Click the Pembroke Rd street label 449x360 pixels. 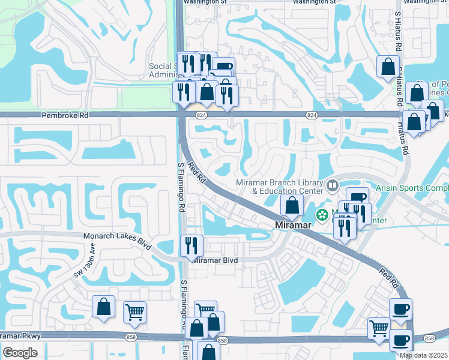point(65,115)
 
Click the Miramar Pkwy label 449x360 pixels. point(20,336)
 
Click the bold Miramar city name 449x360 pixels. point(293,225)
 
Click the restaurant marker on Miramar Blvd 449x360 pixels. point(192,245)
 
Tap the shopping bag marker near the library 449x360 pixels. point(292,206)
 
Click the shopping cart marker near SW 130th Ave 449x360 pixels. point(135,311)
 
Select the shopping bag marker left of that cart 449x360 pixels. point(103,307)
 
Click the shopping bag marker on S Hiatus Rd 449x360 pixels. point(388,66)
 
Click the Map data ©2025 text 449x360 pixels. point(424,355)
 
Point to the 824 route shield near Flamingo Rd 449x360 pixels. point(199,114)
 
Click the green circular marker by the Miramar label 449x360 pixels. point(323,214)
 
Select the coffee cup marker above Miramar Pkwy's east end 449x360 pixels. point(400,310)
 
